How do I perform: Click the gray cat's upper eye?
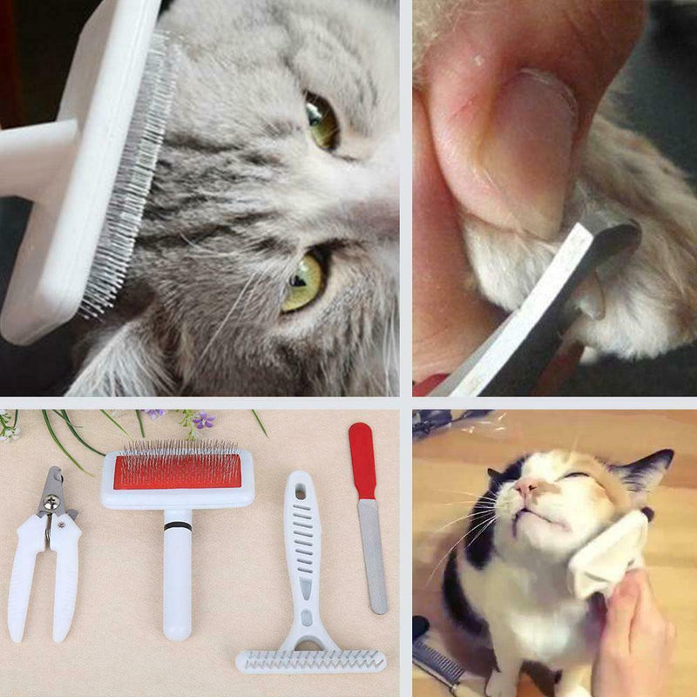click(x=321, y=122)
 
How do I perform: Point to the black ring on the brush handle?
click(x=177, y=526)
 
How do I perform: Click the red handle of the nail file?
click(x=362, y=462)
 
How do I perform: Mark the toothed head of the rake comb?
click(x=311, y=660)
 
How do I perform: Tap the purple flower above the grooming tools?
click(x=202, y=421)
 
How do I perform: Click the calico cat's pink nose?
click(x=525, y=485)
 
